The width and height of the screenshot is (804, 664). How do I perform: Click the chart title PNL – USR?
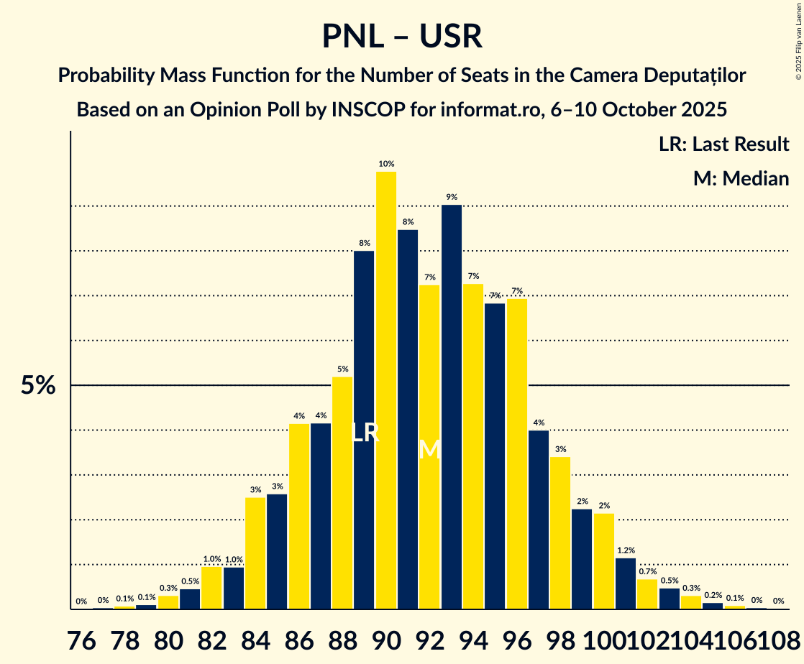tap(401, 36)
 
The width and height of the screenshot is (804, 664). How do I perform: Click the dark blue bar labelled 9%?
tap(452, 407)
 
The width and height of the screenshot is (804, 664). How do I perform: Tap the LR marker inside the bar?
tap(365, 433)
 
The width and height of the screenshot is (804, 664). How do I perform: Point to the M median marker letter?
tap(429, 450)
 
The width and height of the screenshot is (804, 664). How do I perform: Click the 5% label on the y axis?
tap(37, 386)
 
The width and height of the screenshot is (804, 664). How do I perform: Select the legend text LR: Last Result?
tap(723, 144)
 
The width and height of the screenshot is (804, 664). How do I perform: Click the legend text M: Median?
tap(741, 178)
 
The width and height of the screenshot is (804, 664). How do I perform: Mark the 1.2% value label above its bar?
tap(626, 550)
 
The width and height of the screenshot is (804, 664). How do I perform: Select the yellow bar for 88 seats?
tap(342, 493)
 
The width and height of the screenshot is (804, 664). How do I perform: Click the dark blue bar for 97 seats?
tap(539, 520)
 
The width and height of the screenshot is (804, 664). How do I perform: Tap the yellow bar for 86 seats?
tap(299, 516)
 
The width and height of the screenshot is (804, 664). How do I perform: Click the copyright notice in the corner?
tap(798, 40)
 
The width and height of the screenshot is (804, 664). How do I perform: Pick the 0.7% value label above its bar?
tap(647, 572)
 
